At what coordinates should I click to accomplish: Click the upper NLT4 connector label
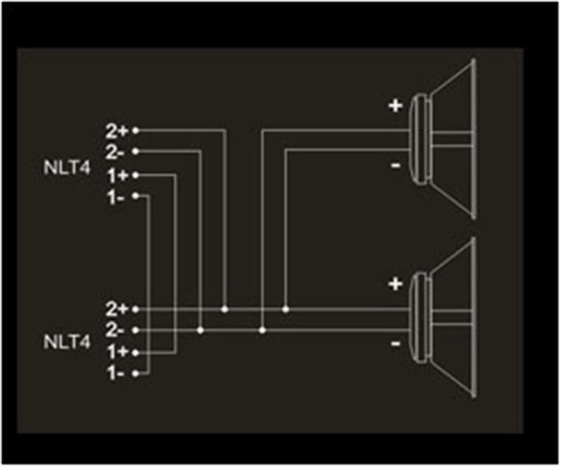pos(67,168)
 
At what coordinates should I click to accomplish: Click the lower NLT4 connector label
pos(67,342)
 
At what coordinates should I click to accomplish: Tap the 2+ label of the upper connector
pos(116,132)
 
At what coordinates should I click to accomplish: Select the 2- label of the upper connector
pos(114,153)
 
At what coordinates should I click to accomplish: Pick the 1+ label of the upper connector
pos(118,176)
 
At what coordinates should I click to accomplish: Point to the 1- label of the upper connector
pos(116,197)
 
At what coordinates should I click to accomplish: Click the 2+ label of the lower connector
pos(116,309)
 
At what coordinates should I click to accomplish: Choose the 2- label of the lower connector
pos(114,330)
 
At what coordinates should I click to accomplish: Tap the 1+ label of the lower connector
pos(118,353)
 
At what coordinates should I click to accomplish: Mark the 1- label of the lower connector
pos(116,374)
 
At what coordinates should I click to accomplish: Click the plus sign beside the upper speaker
pos(396,106)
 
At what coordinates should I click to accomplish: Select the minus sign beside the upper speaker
pos(396,165)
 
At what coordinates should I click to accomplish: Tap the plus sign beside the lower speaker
pos(396,285)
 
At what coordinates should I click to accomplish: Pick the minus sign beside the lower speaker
pos(396,344)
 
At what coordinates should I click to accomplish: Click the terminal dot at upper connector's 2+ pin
pos(135,130)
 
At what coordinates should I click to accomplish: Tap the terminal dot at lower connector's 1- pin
pos(135,374)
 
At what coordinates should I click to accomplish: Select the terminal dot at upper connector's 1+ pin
pos(135,175)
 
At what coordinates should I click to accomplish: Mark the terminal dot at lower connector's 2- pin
pos(135,330)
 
